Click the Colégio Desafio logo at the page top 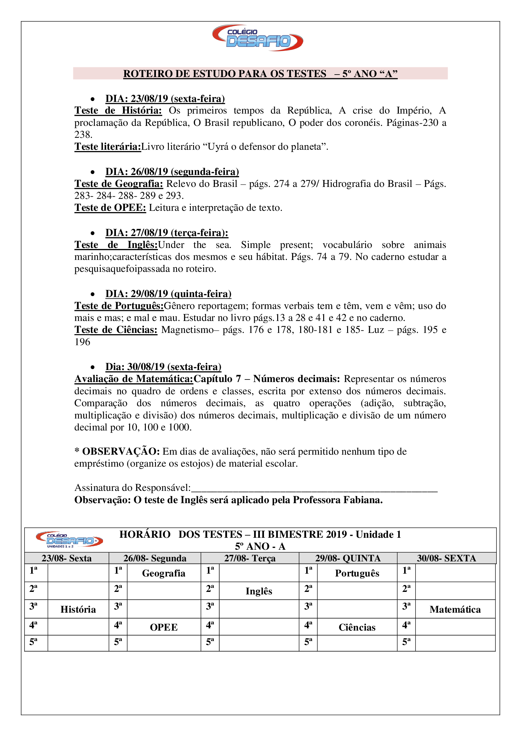(x=258, y=38)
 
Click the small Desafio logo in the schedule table (x=69, y=540)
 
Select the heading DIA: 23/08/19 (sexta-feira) (x=165, y=99)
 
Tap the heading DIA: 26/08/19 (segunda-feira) (x=172, y=172)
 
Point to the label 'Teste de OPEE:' (x=110, y=208)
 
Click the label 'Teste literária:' (x=107, y=147)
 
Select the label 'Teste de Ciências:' (x=116, y=330)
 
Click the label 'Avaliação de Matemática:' (x=134, y=379)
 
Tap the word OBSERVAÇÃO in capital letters (x=121, y=452)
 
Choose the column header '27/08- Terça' (x=249, y=559)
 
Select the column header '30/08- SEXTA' (x=446, y=559)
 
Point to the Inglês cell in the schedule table (x=259, y=591)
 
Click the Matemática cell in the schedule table (x=455, y=610)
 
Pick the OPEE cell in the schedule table (x=163, y=627)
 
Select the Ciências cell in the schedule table (x=357, y=627)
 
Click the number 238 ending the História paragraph (x=83, y=135)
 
